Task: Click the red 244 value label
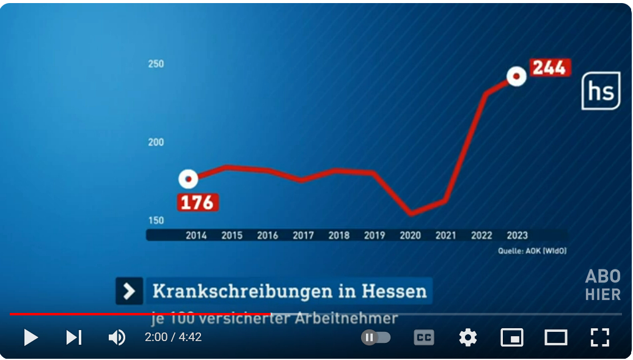pyautogui.click(x=549, y=67)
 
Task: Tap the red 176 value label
pyautogui.click(x=197, y=202)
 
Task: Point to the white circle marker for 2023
pyautogui.click(x=516, y=76)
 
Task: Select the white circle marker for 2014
pyautogui.click(x=189, y=179)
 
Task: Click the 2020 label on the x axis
pyautogui.click(x=410, y=235)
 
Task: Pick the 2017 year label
pyautogui.click(x=303, y=235)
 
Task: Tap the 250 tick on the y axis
pyautogui.click(x=156, y=64)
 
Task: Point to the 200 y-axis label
pyautogui.click(x=156, y=142)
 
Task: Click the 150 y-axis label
pyautogui.click(x=156, y=221)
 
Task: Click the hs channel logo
pyautogui.click(x=600, y=91)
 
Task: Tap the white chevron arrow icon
pyautogui.click(x=130, y=291)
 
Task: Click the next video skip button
pyautogui.click(x=74, y=337)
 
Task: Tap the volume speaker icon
pyautogui.click(x=117, y=337)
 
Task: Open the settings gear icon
pyautogui.click(x=468, y=337)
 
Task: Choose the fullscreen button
pyautogui.click(x=600, y=337)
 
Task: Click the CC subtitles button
pyautogui.click(x=424, y=337)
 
